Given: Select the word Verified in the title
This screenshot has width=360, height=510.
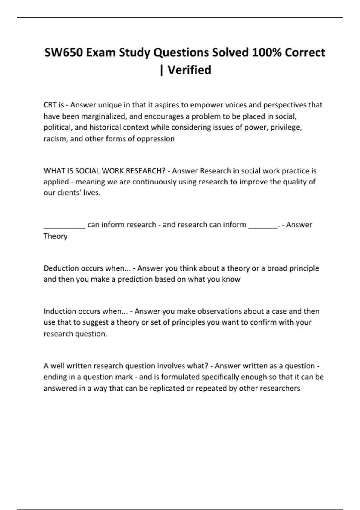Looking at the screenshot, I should pyautogui.click(x=189, y=70).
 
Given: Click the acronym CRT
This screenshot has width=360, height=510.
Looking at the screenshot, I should pyautogui.click(x=50, y=105).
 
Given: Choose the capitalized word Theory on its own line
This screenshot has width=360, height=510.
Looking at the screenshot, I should pyautogui.click(x=55, y=236).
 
